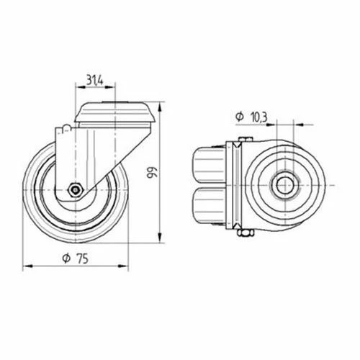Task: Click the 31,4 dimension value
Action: point(94,80)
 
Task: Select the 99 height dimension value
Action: point(152,172)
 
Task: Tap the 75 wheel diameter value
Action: point(83,258)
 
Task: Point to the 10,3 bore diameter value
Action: point(259,117)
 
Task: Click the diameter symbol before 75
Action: point(66,258)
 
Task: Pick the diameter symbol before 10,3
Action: point(240,117)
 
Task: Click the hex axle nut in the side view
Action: point(76,190)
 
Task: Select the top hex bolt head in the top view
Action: point(246,139)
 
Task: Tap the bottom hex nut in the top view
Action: point(245,233)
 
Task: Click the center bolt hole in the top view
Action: point(285,185)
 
